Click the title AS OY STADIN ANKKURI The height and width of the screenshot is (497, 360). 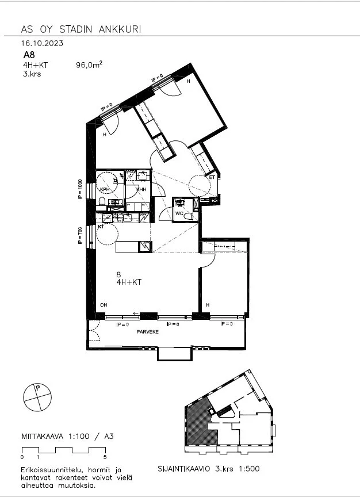[x=80, y=29]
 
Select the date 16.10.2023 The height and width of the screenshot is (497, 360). [x=42, y=43]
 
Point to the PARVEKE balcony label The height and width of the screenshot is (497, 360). [x=147, y=332]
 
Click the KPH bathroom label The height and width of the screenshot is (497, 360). [x=105, y=189]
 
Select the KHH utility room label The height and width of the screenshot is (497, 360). [x=141, y=189]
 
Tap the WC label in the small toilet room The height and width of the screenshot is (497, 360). [x=179, y=213]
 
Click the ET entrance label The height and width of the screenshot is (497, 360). [x=212, y=178]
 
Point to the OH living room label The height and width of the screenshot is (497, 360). [x=104, y=305]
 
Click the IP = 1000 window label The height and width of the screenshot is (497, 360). [x=81, y=190]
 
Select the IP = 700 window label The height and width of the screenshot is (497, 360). [x=81, y=236]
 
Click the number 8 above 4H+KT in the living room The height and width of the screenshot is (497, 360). [x=118, y=275]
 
